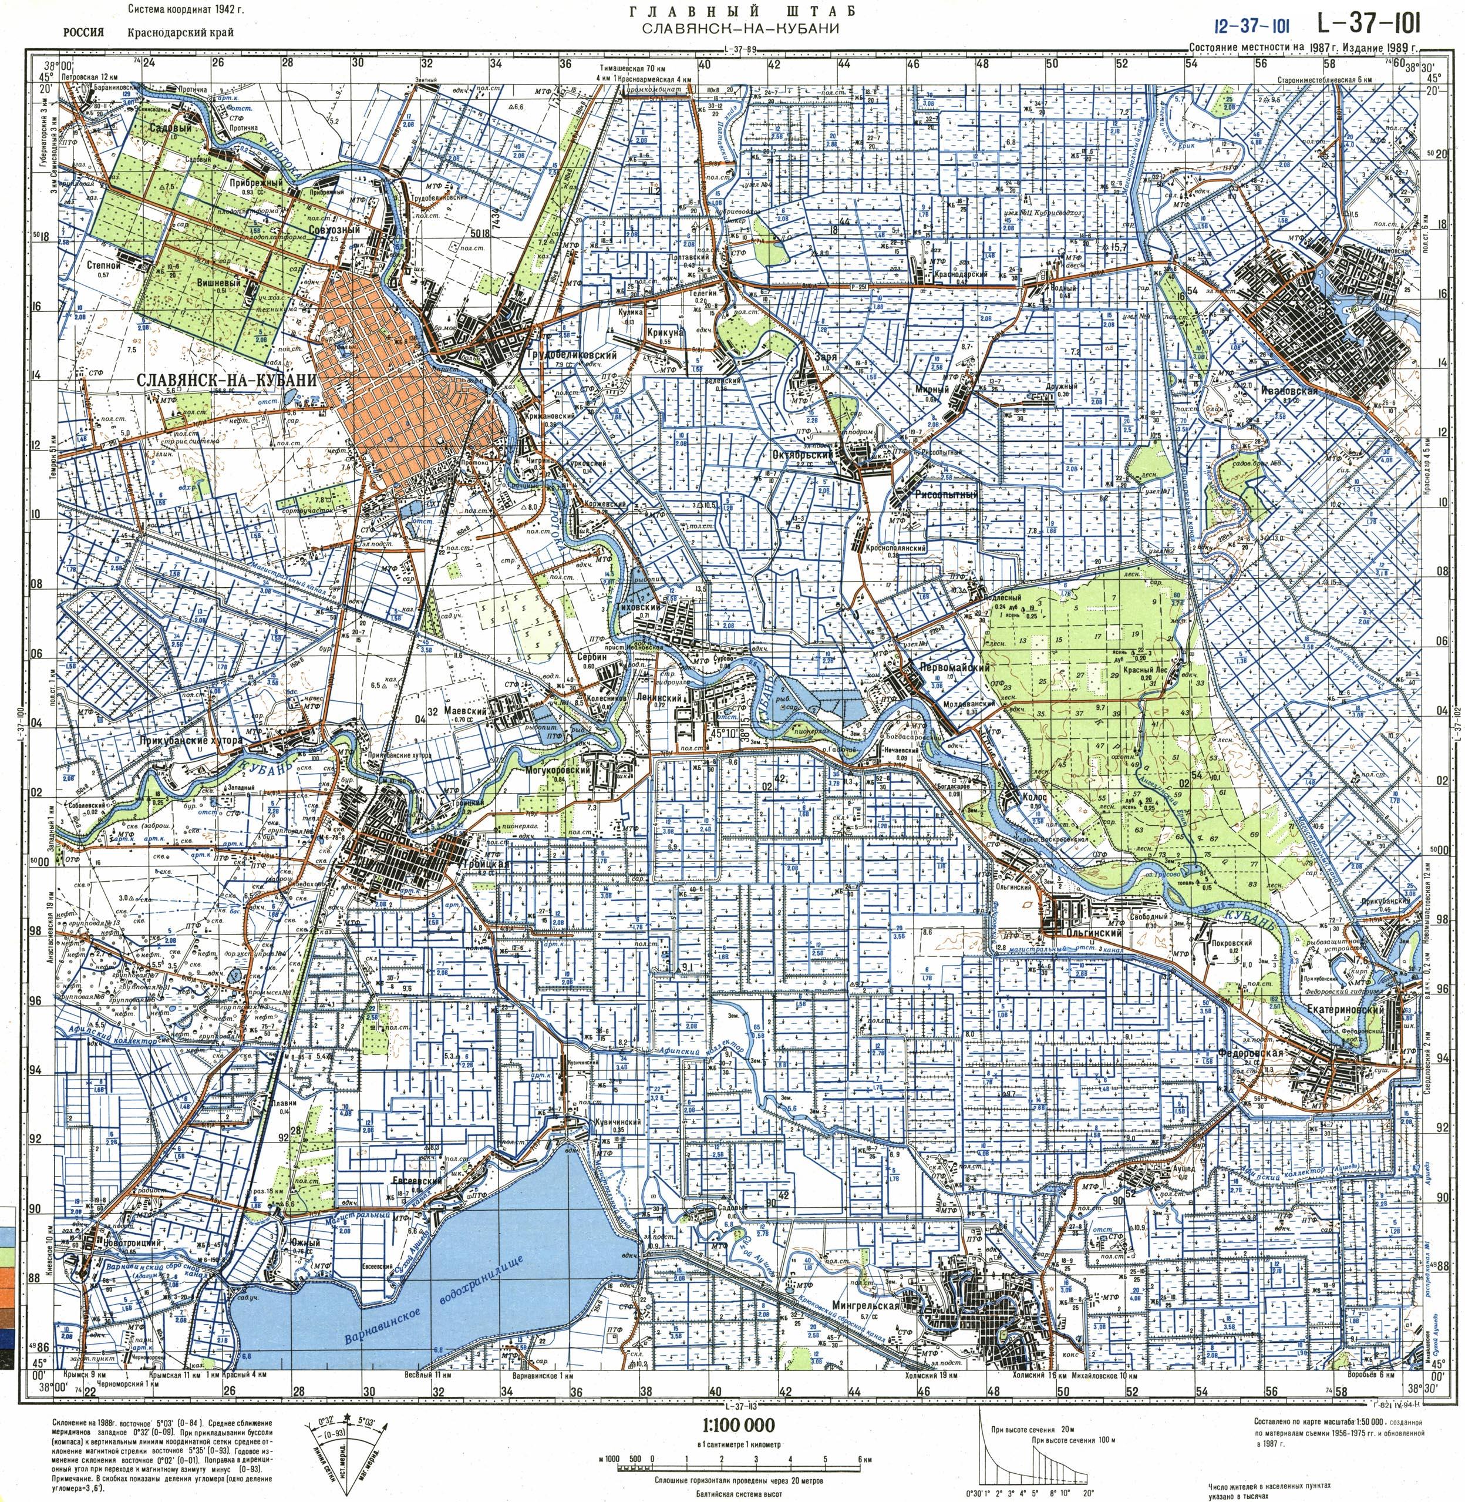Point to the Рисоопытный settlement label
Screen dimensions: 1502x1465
[945, 495]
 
